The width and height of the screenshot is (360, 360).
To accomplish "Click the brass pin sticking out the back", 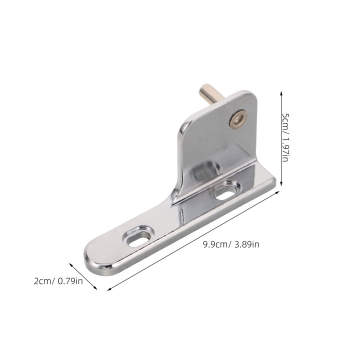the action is point(209,94).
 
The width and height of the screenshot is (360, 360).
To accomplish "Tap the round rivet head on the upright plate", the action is point(238,119).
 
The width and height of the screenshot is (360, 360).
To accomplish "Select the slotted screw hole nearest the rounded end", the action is point(137,236).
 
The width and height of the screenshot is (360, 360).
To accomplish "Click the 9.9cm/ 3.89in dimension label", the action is point(231,244).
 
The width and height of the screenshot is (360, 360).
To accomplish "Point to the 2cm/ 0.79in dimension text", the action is point(58,281).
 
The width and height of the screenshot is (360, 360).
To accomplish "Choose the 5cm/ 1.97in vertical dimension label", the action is point(285,137).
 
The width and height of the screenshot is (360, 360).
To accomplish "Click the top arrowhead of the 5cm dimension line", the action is point(281,93).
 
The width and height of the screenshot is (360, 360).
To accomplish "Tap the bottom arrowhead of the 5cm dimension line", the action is point(281,183).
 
